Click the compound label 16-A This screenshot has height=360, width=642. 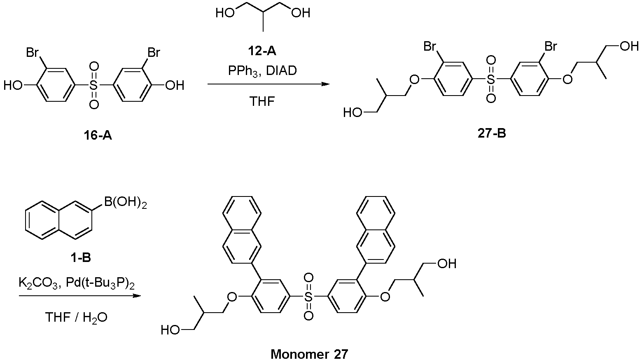[98, 135]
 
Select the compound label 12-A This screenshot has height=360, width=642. [262, 51]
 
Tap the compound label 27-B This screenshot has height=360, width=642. [492, 133]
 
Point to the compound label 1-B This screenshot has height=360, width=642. [81, 258]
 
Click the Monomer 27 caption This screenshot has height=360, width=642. [309, 354]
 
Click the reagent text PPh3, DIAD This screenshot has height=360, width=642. [262, 71]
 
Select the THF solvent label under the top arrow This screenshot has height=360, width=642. [262, 101]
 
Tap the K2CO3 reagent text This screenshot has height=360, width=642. [39, 283]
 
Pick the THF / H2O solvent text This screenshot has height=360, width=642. [76, 317]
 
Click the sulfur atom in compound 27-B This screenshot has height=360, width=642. [491, 79]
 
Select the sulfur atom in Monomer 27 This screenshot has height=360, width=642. [308, 297]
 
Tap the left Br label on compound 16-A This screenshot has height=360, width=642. [33, 53]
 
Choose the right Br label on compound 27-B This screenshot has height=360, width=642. [551, 46]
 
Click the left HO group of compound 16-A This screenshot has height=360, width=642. [13, 85]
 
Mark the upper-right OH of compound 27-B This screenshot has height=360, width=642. [629, 46]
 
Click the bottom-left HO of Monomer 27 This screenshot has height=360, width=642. [170, 330]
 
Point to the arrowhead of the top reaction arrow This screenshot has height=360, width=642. [326, 84]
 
